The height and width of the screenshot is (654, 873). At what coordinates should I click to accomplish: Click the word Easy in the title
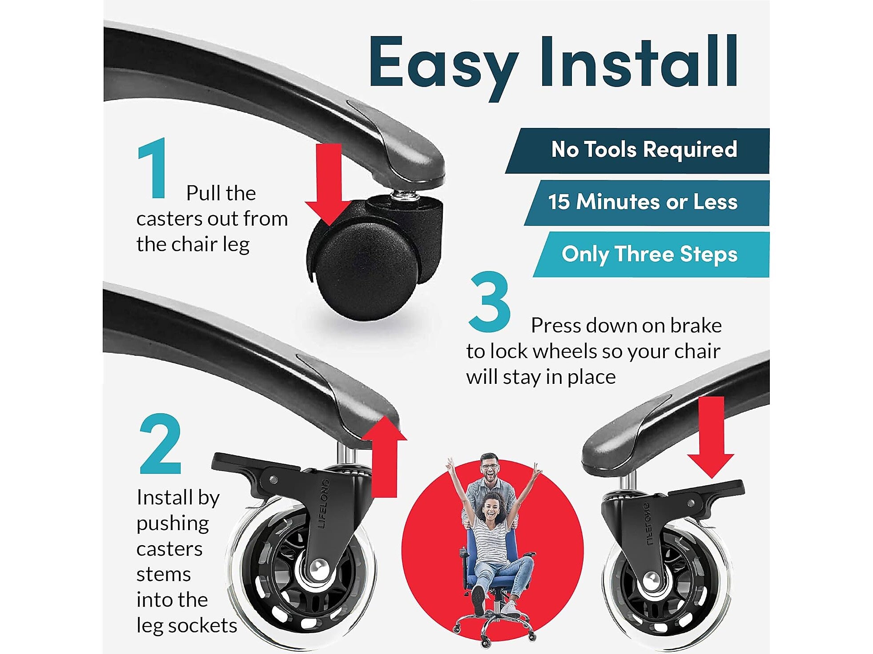coord(443,67)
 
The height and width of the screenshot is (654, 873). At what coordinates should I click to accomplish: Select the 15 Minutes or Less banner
coord(647,203)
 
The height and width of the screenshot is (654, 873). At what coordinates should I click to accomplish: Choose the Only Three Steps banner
coord(652,255)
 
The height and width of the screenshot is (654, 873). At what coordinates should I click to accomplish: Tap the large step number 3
coord(490,302)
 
